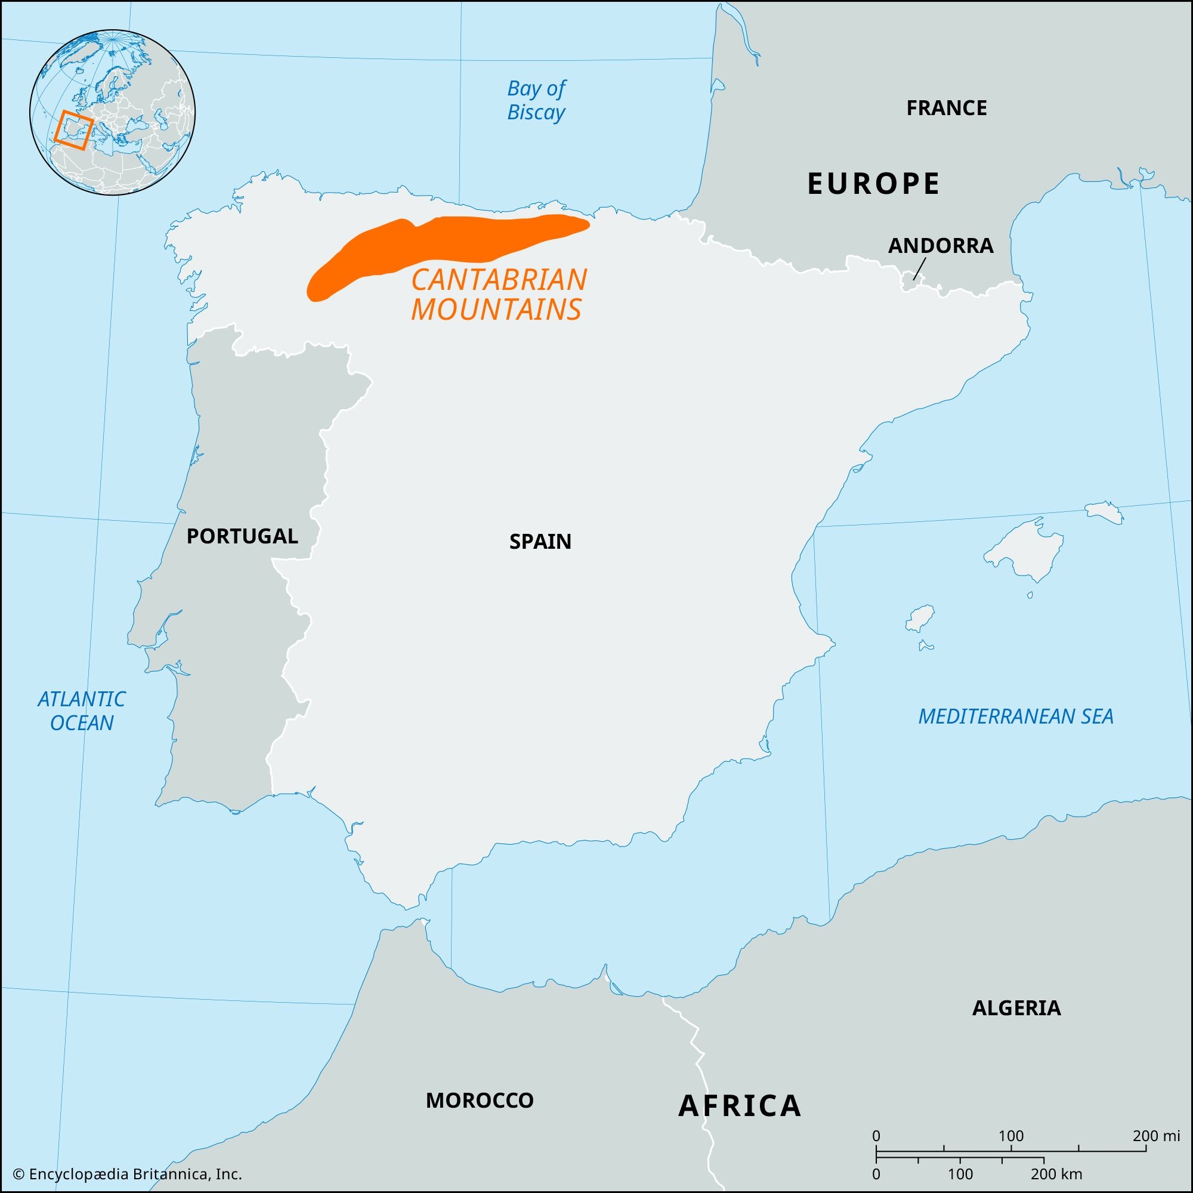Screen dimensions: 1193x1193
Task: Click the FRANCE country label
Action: (946, 108)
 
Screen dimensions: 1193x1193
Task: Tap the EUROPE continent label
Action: (874, 183)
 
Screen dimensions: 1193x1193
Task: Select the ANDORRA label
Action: (941, 246)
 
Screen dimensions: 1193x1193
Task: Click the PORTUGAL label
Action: (242, 536)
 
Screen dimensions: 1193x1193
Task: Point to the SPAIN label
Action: (540, 542)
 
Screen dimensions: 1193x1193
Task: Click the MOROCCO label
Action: (480, 1100)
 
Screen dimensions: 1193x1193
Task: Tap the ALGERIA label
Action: (1016, 1007)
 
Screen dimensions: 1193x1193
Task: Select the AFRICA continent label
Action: (740, 1105)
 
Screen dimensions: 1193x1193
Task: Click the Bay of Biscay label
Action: (536, 101)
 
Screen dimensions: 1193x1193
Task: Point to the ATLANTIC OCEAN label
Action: (82, 711)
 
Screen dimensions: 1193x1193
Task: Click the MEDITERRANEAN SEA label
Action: (1016, 716)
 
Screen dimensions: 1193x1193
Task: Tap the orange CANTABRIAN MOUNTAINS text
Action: (498, 295)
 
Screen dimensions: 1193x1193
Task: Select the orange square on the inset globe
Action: (73, 130)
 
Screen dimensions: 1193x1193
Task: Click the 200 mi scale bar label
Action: (1156, 1136)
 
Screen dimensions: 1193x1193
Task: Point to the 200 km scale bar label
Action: (1056, 1174)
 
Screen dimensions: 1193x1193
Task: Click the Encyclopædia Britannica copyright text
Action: (128, 1174)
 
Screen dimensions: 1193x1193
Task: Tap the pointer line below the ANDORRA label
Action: (919, 269)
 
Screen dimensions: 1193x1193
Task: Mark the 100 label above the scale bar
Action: (1011, 1136)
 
